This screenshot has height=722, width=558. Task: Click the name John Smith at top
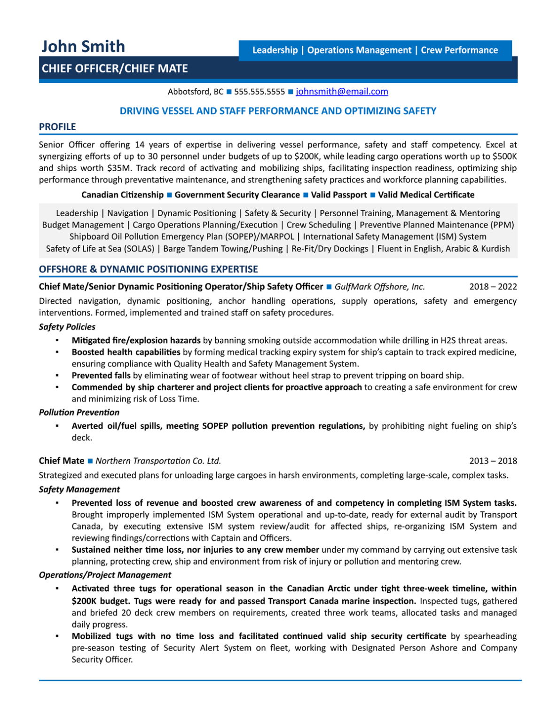[x=83, y=47]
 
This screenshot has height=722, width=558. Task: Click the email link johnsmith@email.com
[x=342, y=92]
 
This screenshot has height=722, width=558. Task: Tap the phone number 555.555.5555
[x=259, y=92]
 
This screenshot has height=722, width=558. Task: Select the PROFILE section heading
[x=57, y=127]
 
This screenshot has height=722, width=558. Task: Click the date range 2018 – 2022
[x=493, y=287]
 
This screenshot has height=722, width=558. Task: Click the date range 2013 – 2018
[x=493, y=461]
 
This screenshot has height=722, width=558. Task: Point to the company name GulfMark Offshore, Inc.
[x=379, y=287]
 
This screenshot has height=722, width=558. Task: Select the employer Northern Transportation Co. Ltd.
[x=158, y=461]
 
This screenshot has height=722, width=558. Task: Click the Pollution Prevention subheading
[x=79, y=412]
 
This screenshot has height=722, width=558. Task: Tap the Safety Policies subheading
[x=67, y=327]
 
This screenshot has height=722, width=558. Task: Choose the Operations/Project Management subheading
[x=105, y=575]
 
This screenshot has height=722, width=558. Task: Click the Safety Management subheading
[x=79, y=489]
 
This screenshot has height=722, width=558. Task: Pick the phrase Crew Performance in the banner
[x=459, y=50]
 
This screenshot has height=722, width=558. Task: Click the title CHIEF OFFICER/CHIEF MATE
[x=115, y=69]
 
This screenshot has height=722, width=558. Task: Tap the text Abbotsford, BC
[x=196, y=92]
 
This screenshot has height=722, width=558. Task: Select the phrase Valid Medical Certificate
[x=426, y=195]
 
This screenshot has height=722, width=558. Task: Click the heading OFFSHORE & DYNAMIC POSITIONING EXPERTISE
[x=148, y=269]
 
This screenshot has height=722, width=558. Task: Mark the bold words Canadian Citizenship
[x=122, y=195]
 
